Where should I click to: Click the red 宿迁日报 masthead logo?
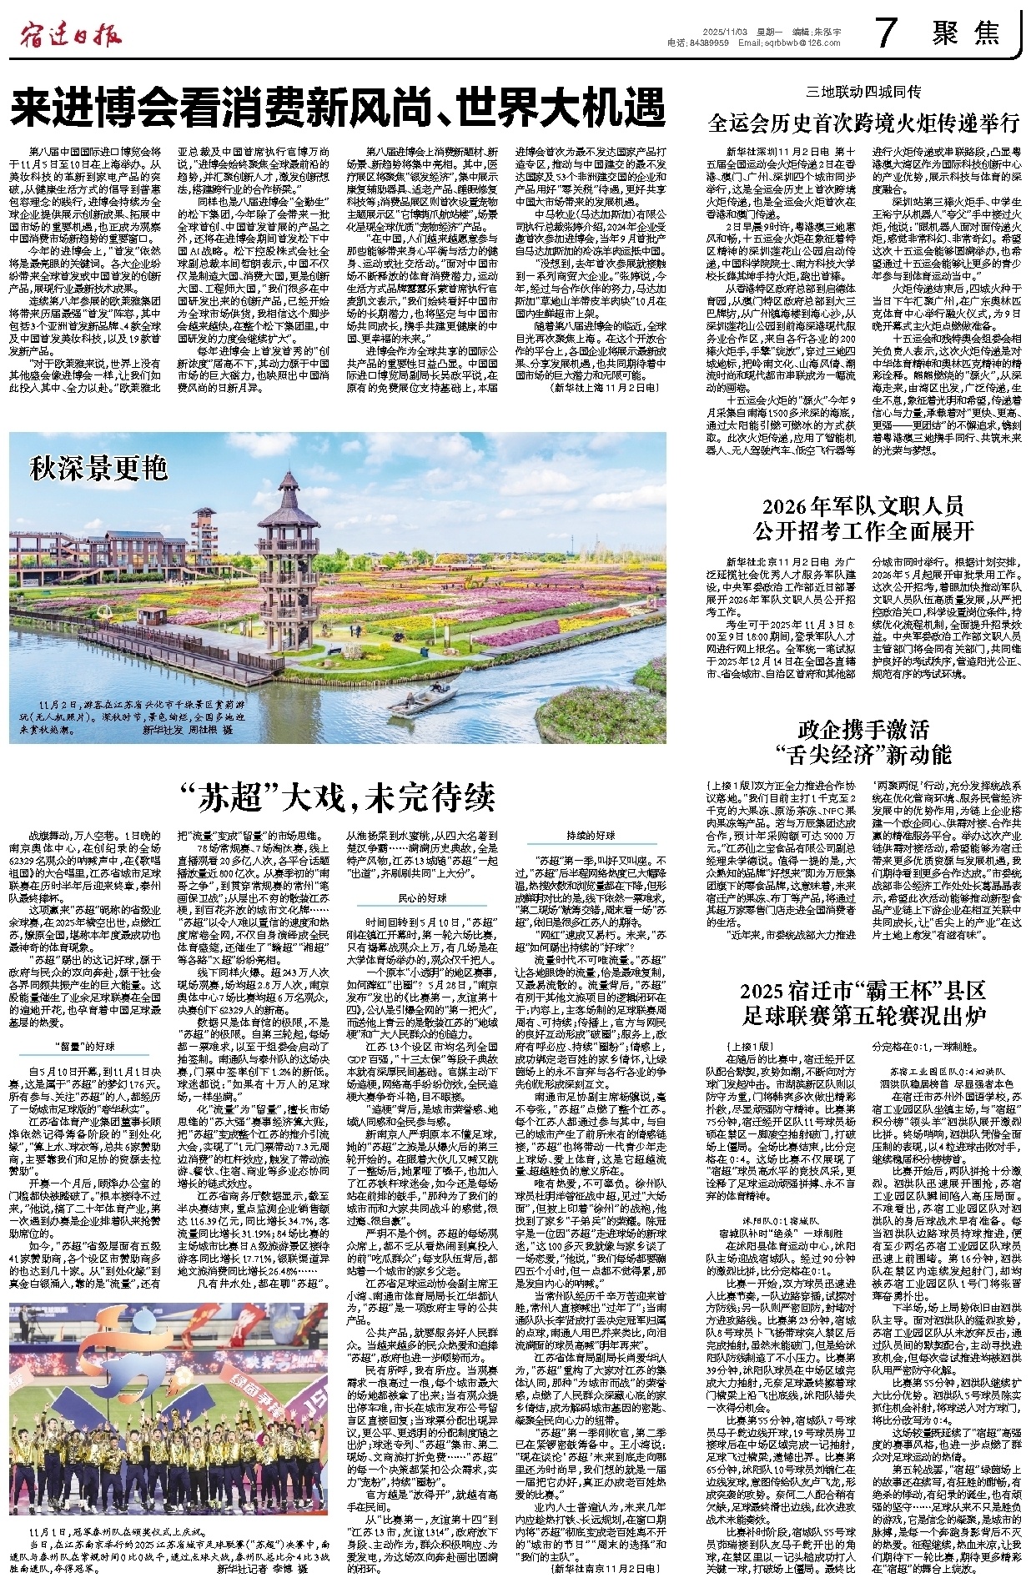pos(71,34)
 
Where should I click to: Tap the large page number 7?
pos(886,33)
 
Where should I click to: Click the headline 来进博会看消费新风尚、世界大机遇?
pos(337,107)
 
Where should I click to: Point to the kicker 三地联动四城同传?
pos(863,91)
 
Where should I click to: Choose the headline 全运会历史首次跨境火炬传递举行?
pos(863,123)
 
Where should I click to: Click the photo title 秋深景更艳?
pos(98,469)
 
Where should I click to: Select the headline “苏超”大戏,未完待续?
pos(337,797)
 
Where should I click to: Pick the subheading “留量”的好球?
pos(85,1046)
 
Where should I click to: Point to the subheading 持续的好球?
pos(591,835)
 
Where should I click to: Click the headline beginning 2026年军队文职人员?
pos(863,505)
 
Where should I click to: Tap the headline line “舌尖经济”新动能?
pos(863,755)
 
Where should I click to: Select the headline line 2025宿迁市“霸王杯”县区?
pos(863,991)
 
